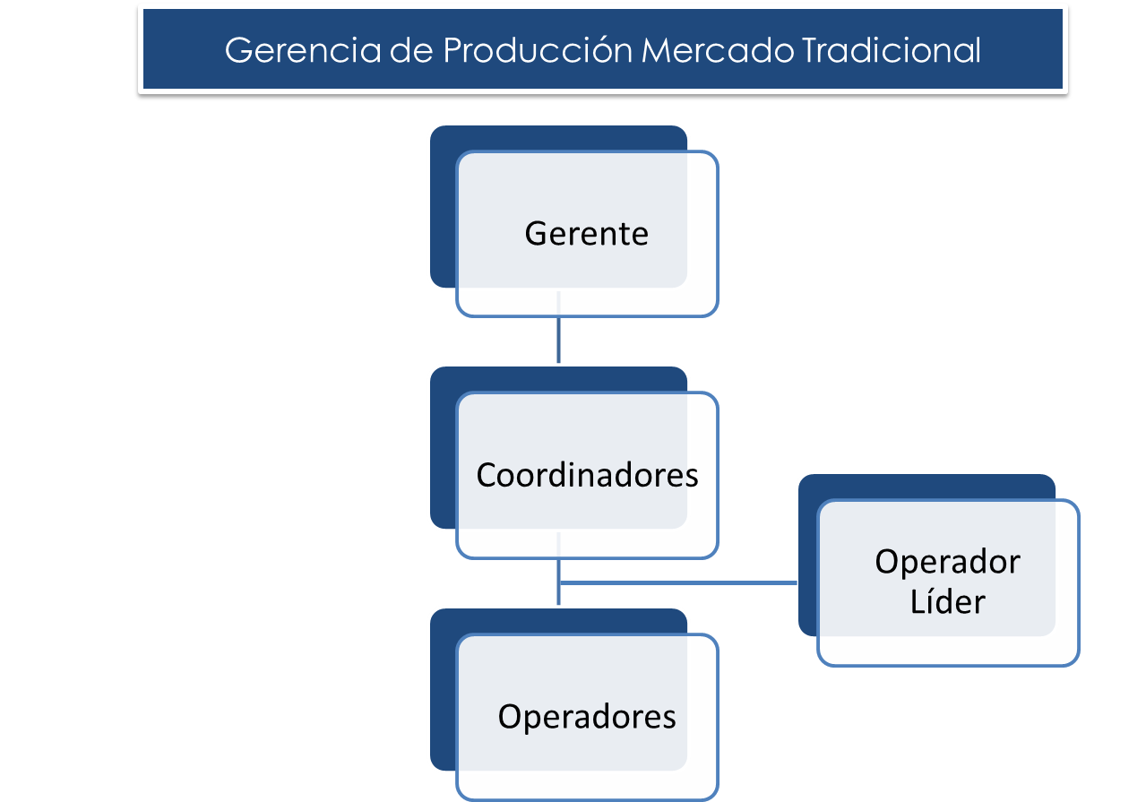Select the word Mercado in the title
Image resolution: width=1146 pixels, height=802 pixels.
(718, 51)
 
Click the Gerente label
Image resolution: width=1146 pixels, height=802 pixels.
(586, 234)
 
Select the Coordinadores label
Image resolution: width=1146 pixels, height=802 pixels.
(587, 475)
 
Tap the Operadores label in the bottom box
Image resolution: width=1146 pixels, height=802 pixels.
(587, 717)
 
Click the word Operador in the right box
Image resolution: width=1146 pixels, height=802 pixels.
(947, 563)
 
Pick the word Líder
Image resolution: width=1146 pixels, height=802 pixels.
(947, 601)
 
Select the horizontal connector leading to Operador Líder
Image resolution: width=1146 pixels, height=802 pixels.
(681, 582)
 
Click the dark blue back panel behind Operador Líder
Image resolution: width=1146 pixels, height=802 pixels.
(807, 556)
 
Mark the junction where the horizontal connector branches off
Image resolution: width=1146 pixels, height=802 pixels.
(558, 582)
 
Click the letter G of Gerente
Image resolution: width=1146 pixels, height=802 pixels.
(535, 234)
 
